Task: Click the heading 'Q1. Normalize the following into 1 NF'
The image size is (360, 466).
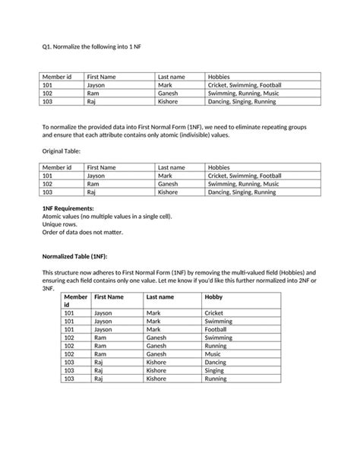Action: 91,47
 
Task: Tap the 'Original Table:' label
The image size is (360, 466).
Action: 64,152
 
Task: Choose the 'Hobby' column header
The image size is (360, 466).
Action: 213,297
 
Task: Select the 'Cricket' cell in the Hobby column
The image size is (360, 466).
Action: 214,313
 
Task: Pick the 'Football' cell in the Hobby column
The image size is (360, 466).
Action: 216,329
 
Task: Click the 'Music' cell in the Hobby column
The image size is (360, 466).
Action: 213,353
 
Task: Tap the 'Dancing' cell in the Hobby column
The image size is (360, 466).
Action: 216,362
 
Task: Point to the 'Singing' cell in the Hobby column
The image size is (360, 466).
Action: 215,370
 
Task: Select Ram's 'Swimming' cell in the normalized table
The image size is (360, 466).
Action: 219,338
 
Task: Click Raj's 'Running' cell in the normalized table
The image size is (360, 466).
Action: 216,379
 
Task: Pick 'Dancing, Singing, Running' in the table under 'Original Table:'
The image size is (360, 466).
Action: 242,192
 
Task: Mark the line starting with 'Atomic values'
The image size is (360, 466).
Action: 106,217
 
